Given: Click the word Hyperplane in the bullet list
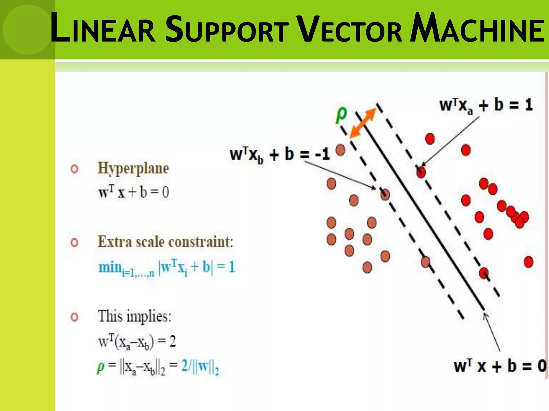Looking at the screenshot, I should pyautogui.click(x=133, y=169).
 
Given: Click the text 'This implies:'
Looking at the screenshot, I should pyautogui.click(x=134, y=316).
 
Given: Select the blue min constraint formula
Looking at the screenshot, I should pyautogui.click(x=166, y=267).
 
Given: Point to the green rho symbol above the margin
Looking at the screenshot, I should pyautogui.click(x=341, y=114).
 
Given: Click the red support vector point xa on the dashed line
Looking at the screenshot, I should pyautogui.click(x=421, y=172).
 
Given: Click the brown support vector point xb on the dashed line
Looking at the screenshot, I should pyautogui.click(x=385, y=194).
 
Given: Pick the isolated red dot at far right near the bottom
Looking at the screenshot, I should pyautogui.click(x=528, y=262).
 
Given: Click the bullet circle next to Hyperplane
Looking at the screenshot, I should pyautogui.click(x=75, y=169).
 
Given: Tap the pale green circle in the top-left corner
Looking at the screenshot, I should pyautogui.click(x=27, y=29).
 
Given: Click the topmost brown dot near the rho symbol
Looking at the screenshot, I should pyautogui.click(x=340, y=150).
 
